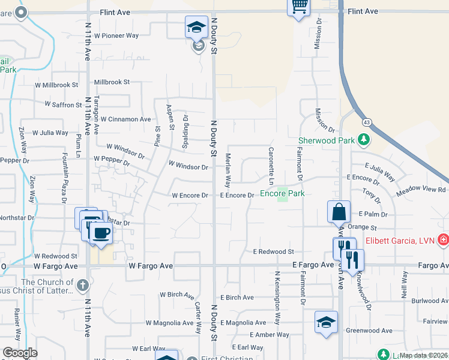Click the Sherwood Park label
coord(327,141)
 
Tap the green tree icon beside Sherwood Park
coord(363,140)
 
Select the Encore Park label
coord(282,194)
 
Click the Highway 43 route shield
coord(366,122)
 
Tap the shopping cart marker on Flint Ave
coord(299,7)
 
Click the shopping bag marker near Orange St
coord(339,212)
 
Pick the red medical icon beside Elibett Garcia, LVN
coord(443,240)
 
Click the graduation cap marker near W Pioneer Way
coord(196,27)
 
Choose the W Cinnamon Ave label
coord(125,119)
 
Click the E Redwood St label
coord(273,252)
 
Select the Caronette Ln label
coord(271,166)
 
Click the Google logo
coord(20,353)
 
